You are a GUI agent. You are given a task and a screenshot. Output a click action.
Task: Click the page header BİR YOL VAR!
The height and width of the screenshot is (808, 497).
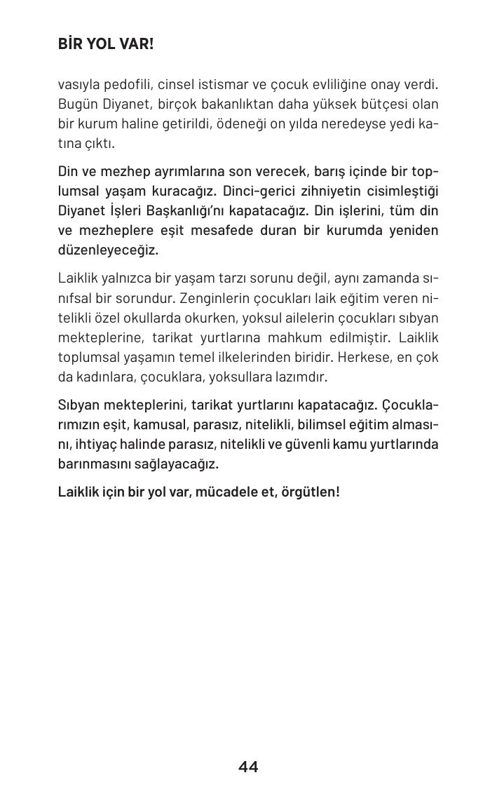(x=105, y=44)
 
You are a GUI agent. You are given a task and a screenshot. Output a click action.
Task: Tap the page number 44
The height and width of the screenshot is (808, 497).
(x=248, y=767)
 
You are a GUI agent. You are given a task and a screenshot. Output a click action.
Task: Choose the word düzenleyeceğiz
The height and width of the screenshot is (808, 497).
(x=108, y=250)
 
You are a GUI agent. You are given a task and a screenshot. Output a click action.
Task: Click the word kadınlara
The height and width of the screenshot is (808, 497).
(x=103, y=377)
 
